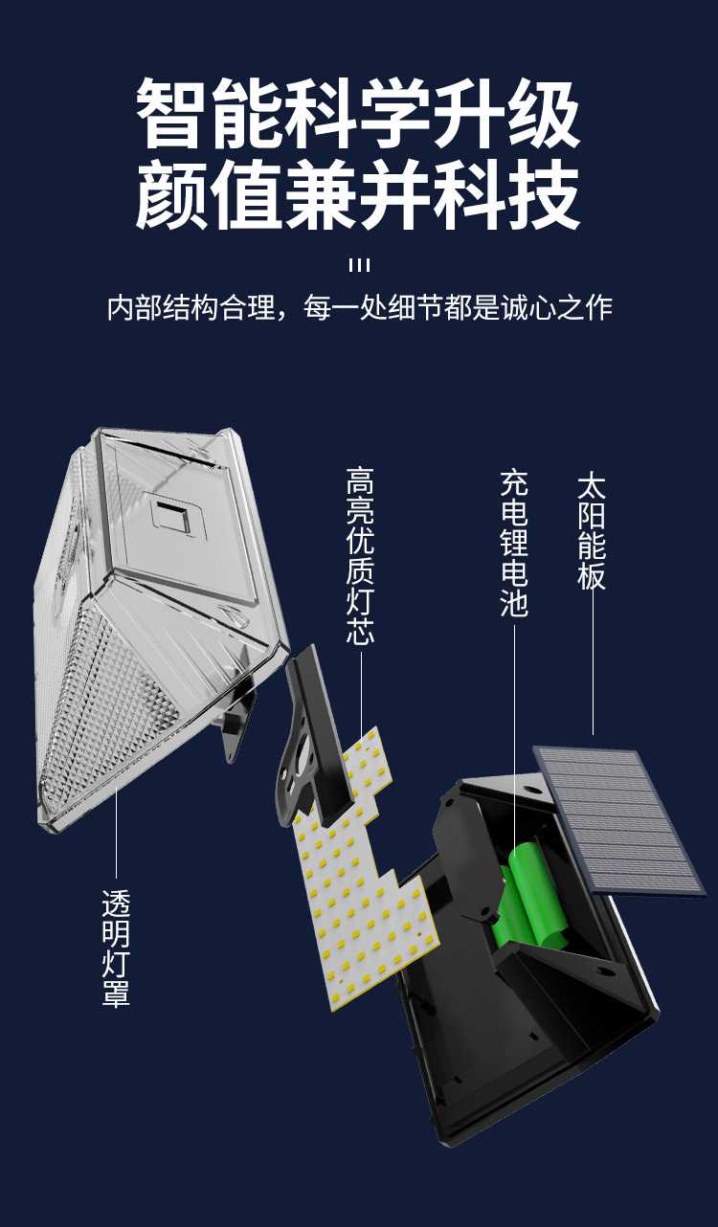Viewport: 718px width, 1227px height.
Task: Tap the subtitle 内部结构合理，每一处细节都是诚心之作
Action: [358, 308]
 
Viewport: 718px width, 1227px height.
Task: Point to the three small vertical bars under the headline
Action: [359, 265]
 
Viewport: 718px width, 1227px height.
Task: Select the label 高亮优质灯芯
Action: [360, 556]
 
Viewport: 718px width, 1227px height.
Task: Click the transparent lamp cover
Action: [153, 622]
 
